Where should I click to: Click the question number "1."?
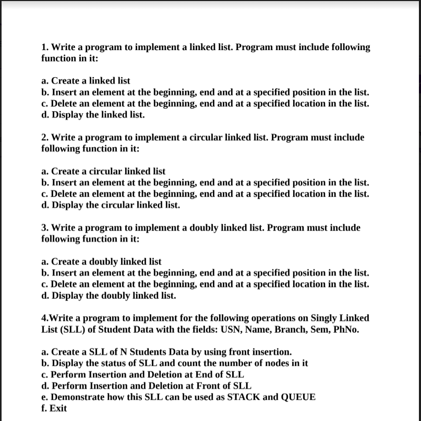pyautogui.click(x=45, y=47)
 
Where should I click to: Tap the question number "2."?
pyautogui.click(x=45, y=137)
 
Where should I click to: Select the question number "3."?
pyautogui.click(x=45, y=227)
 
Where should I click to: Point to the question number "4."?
pyautogui.click(x=44, y=318)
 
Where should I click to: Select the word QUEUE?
pyautogui.click(x=298, y=397)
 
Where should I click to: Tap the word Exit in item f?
pyautogui.click(x=58, y=408)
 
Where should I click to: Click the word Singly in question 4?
pyautogui.click(x=326, y=318)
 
